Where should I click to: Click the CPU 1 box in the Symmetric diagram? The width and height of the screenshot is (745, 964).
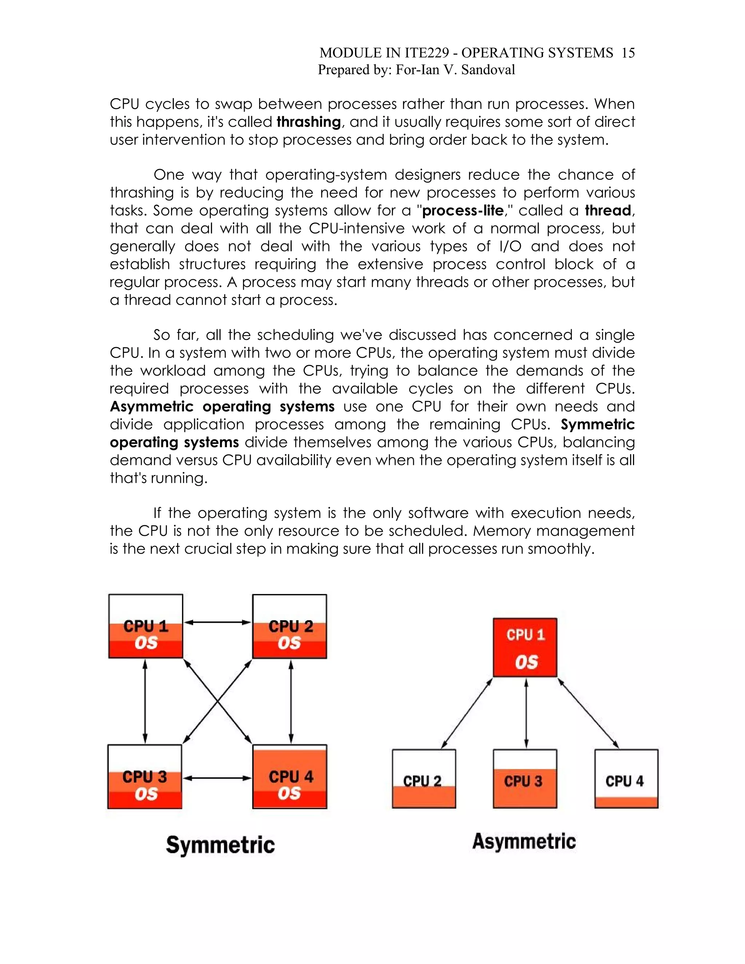pos(146,626)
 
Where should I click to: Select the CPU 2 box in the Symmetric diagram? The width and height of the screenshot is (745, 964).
pos(290,626)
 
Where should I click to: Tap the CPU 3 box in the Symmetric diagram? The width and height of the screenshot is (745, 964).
pos(145,777)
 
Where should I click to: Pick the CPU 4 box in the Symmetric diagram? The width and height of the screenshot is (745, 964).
pos(290,777)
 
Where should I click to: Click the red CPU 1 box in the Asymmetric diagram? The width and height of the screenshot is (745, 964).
pos(525,648)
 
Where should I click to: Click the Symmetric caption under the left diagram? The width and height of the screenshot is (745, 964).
pos(220,845)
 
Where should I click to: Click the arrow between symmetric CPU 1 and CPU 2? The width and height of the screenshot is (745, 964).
pos(218,622)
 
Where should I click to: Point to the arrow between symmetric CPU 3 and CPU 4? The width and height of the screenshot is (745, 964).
pos(217,778)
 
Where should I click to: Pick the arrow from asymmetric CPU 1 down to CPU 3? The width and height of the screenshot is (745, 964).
pos(526,713)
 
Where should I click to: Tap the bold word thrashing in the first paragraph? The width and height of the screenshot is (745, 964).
pos(308,122)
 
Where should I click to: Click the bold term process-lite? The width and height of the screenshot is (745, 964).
pos(463,211)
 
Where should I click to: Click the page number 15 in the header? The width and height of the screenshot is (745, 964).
pos(628,53)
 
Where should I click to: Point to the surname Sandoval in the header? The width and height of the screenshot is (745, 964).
pos(488,70)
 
